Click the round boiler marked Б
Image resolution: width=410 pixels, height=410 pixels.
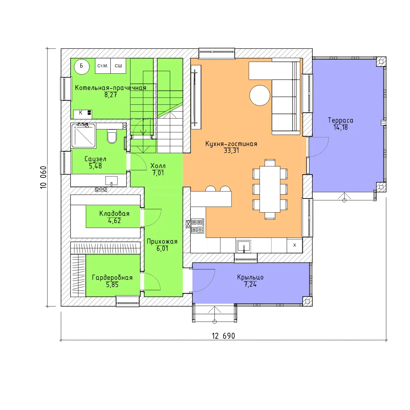82,67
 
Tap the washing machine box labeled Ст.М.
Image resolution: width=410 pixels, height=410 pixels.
103,66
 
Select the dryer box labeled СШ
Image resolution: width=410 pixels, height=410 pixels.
118,66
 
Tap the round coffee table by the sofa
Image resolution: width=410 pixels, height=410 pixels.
260,95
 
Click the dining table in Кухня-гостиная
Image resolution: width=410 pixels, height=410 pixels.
270,189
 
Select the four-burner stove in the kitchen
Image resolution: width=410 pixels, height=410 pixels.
197,226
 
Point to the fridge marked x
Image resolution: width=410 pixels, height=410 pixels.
295,245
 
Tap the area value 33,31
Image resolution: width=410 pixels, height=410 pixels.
231,151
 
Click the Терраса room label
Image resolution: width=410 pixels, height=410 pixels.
341,120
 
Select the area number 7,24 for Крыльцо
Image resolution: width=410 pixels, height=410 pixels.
250,285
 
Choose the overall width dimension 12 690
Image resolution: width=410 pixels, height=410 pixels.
223,336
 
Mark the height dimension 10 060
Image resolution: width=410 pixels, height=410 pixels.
43,177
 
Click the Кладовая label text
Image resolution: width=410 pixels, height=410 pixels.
114,214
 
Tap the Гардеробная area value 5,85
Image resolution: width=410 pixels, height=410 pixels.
112,285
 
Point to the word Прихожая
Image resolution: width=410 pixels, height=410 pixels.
162,242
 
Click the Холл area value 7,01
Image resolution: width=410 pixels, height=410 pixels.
158,173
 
